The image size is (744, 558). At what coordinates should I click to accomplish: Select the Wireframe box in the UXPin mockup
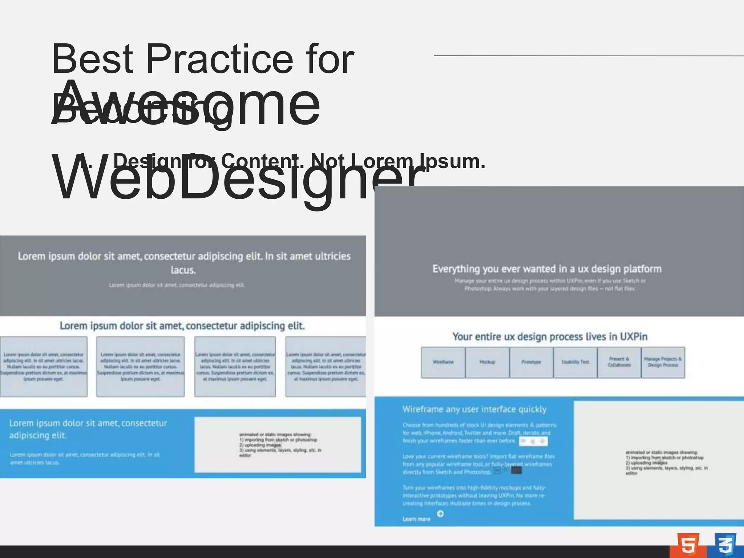tap(443, 362)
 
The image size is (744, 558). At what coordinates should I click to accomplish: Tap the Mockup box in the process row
tap(487, 362)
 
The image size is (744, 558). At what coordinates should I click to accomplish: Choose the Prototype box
tap(531, 362)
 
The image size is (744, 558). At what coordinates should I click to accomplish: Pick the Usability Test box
tap(575, 362)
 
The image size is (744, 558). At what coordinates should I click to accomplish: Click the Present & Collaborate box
tap(619, 362)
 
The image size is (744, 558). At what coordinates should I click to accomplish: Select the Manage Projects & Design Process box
tap(663, 362)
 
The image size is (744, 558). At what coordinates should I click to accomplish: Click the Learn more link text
tap(416, 519)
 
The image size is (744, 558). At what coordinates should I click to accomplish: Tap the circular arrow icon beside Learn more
tap(440, 514)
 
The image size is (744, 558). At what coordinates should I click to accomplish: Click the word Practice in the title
tap(219, 59)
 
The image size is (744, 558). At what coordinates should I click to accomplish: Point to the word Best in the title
tap(93, 59)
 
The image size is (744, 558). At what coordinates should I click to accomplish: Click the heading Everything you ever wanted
tap(547, 269)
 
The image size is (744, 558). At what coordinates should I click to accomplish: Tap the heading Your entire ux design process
tap(550, 337)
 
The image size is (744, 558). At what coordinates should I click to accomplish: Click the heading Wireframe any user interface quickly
tap(474, 409)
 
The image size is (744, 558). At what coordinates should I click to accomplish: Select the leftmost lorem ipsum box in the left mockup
tap(44, 366)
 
